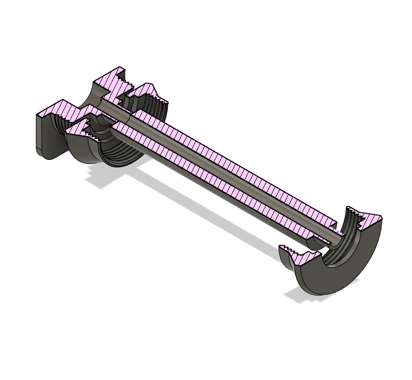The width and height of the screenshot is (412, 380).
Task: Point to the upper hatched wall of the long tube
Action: click(227, 164)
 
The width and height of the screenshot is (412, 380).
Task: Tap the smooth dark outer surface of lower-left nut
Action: click(85, 150)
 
